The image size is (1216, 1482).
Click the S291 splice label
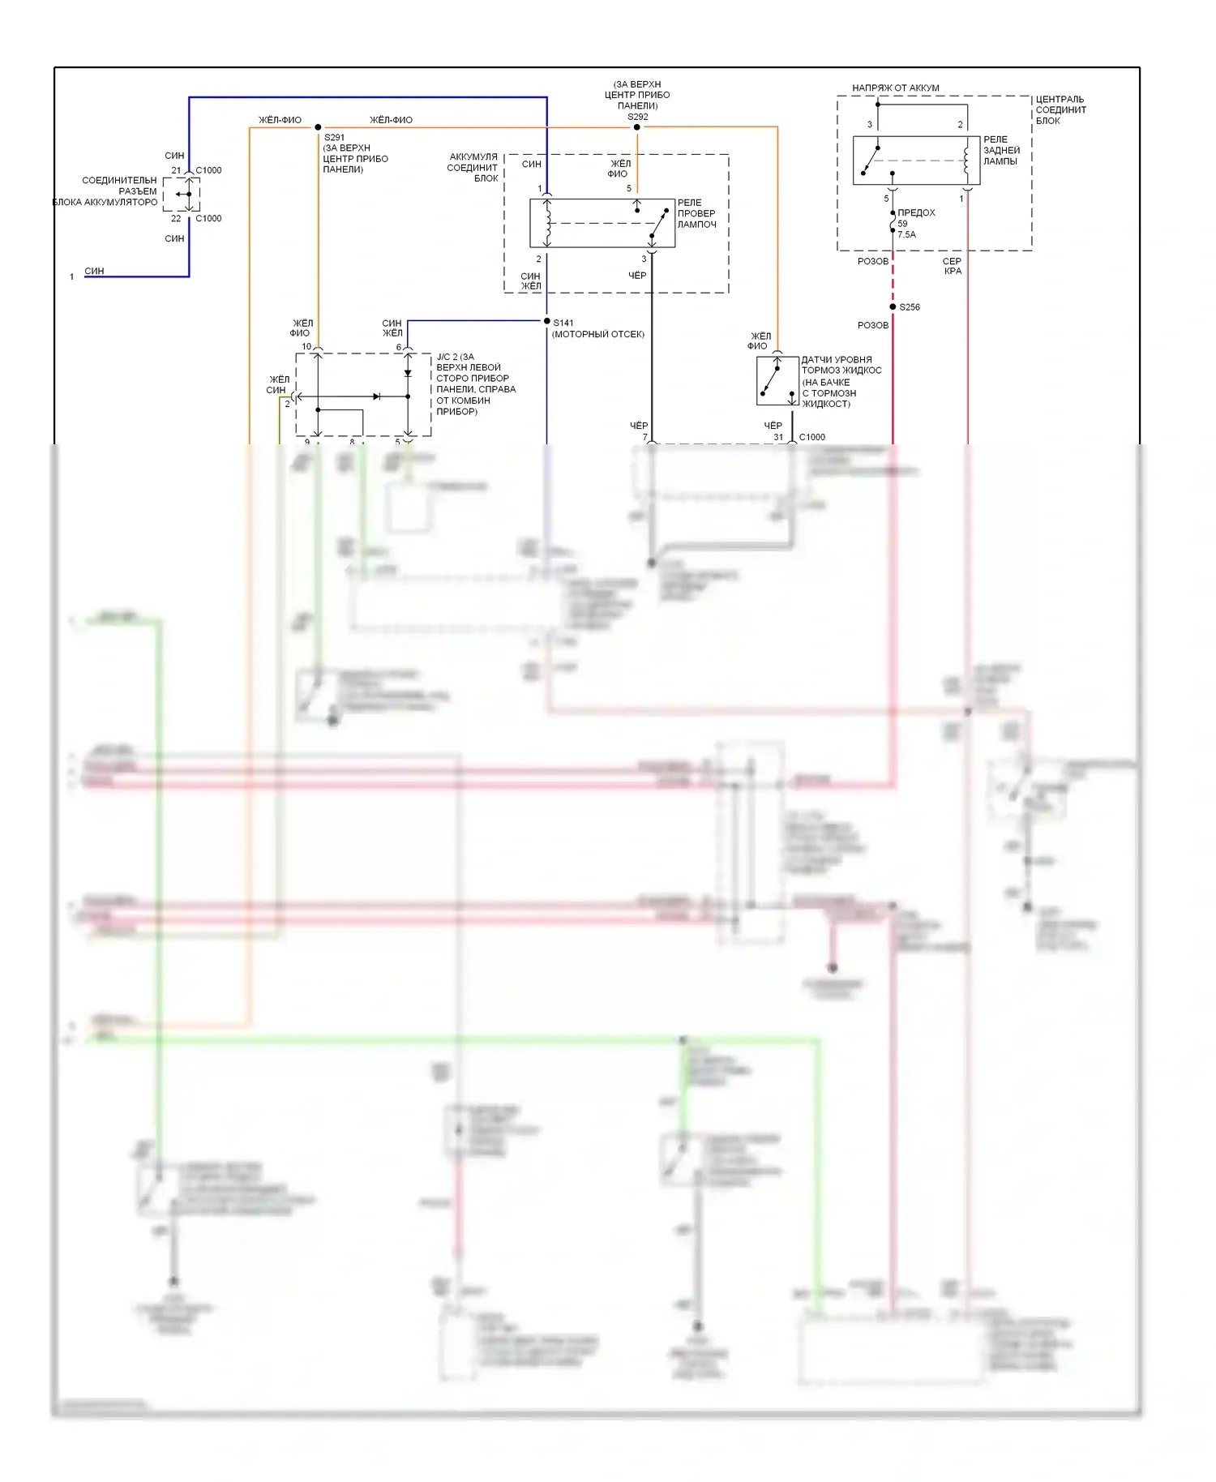coord(334,138)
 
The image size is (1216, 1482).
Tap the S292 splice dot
coord(637,127)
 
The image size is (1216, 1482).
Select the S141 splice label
coord(563,323)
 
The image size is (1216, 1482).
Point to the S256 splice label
coord(910,307)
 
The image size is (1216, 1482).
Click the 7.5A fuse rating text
coord(906,234)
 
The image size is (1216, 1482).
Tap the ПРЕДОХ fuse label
coord(916,212)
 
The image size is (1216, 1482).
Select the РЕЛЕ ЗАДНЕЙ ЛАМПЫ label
coord(1001,150)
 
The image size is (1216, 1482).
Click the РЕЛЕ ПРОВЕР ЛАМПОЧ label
coord(696,213)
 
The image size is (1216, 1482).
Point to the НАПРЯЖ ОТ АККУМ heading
coord(895,88)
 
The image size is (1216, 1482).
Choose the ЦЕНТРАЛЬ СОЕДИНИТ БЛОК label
coord(1060,109)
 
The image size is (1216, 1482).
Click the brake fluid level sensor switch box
coord(777,381)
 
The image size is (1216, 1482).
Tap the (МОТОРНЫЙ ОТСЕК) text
coord(597,334)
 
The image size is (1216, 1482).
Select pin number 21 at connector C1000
coord(176,170)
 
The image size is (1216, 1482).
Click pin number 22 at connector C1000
coord(176,218)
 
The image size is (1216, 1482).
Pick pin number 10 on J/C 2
coord(306,346)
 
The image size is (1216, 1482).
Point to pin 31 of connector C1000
coord(778,437)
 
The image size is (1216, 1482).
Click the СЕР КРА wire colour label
coord(953,266)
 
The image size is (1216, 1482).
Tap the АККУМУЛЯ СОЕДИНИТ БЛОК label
coord(473,167)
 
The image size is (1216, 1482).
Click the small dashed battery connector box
coord(181,195)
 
